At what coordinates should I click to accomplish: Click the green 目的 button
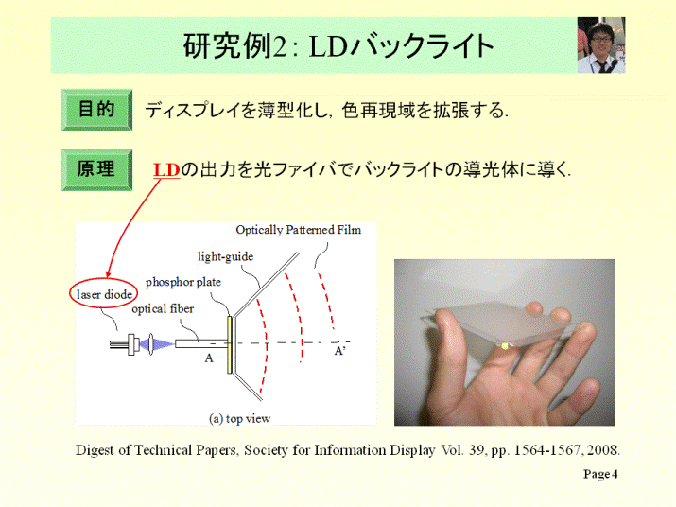pyautogui.click(x=96, y=110)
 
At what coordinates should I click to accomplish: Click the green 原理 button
pyautogui.click(x=96, y=169)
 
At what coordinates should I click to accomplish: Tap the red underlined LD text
pyautogui.click(x=166, y=170)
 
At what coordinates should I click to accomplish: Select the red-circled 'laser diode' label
pyautogui.click(x=104, y=294)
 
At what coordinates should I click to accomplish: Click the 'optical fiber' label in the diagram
pyautogui.click(x=163, y=309)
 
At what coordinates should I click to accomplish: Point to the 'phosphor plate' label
pyautogui.click(x=183, y=282)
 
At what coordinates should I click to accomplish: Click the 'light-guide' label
pyautogui.click(x=225, y=256)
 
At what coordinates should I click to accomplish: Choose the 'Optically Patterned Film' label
pyautogui.click(x=299, y=230)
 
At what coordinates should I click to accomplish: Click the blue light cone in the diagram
pyautogui.click(x=162, y=344)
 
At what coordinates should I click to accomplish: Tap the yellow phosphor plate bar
pyautogui.click(x=230, y=344)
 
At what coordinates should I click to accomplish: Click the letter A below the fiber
pyautogui.click(x=209, y=358)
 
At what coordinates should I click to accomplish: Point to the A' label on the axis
pyautogui.click(x=339, y=351)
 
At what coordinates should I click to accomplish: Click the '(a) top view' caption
pyautogui.click(x=240, y=418)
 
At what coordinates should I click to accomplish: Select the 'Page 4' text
pyautogui.click(x=600, y=474)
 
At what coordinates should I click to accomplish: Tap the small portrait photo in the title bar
pyautogui.click(x=601, y=44)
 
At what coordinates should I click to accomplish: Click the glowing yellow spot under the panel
pyautogui.click(x=505, y=345)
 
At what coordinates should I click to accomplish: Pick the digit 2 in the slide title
pyautogui.click(x=280, y=46)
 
